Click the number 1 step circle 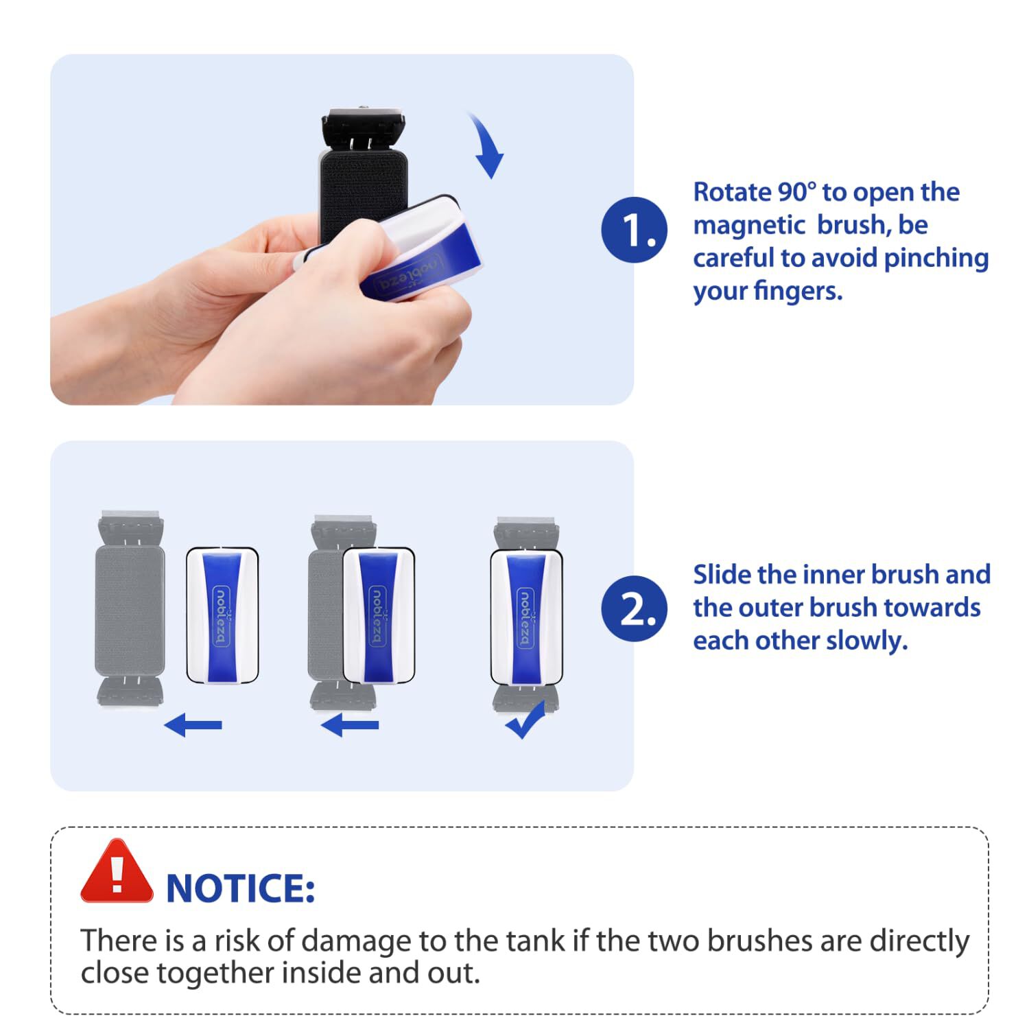634,230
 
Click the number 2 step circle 634,608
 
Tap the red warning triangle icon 117,872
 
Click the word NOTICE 241,888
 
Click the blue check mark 525,720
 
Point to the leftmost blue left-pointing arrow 193,724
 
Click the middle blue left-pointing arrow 350,724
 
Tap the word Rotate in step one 731,192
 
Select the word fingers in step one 798,292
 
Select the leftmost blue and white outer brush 222,615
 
